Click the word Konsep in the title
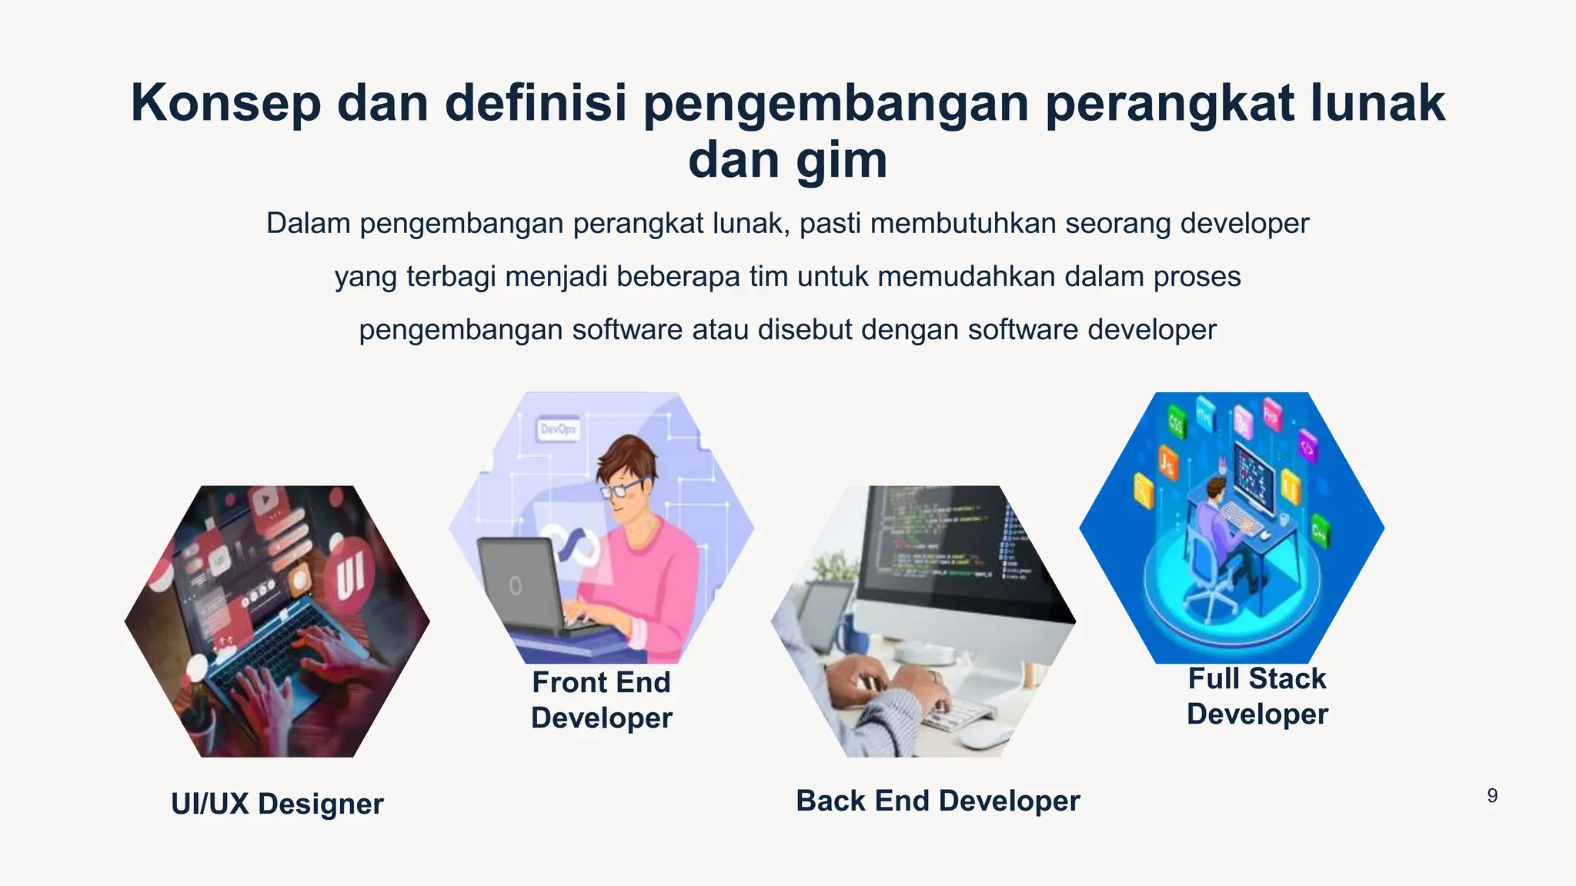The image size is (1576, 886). (x=225, y=104)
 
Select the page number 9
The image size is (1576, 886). (x=1492, y=796)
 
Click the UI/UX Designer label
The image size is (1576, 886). (x=277, y=804)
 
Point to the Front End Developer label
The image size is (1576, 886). (x=601, y=700)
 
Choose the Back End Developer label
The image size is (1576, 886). (x=937, y=801)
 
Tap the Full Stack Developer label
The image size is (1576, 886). (x=1257, y=696)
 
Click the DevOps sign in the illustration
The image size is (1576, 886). (x=558, y=429)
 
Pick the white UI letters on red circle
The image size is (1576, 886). (x=350, y=575)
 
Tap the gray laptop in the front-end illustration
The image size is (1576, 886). (x=517, y=585)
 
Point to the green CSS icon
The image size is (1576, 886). (x=1177, y=422)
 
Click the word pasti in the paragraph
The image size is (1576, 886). (x=830, y=224)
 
